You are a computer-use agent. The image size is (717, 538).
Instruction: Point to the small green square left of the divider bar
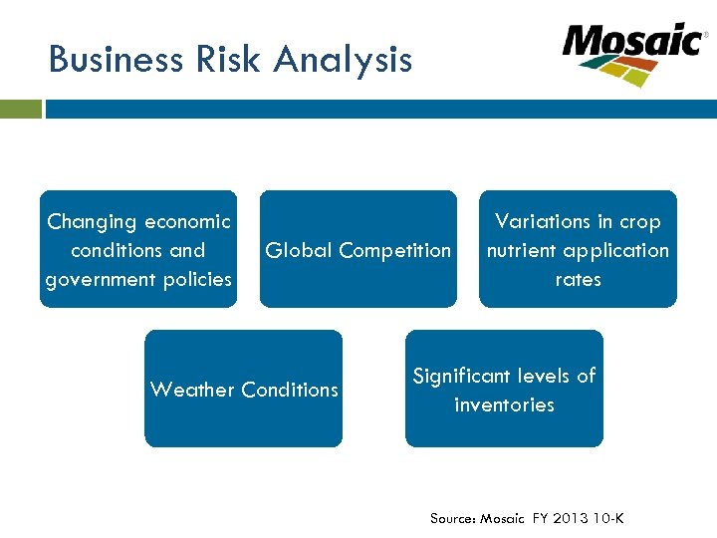point(21,109)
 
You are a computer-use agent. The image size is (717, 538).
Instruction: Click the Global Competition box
point(358,250)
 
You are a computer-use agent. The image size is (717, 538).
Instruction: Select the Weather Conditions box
point(244,390)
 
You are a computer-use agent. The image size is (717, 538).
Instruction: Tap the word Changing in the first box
point(92,222)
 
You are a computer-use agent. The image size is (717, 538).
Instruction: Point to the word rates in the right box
point(578,280)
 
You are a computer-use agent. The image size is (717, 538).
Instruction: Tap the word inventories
point(504,404)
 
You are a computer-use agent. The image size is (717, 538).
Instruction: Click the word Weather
point(190,390)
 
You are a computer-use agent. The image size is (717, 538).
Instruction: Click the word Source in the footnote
point(453,518)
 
